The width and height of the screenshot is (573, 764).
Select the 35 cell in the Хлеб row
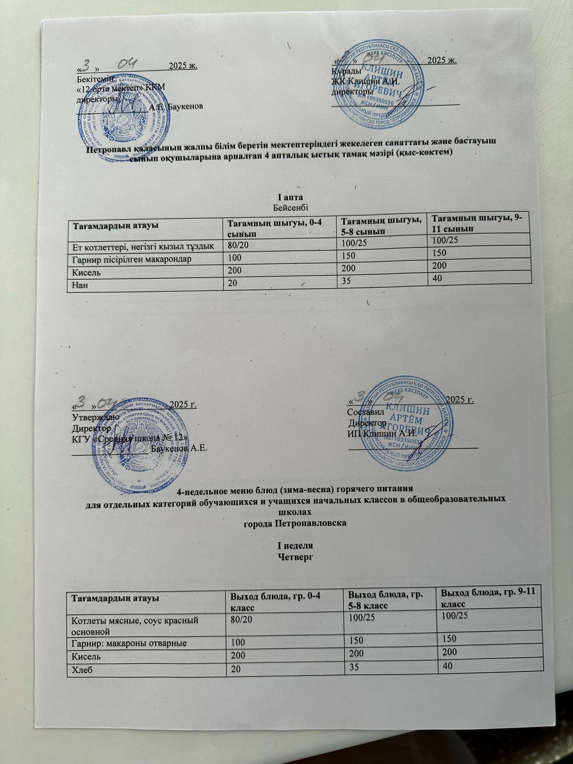pyautogui.click(x=354, y=667)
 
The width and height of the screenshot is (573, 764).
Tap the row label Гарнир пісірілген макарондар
pyautogui.click(x=128, y=260)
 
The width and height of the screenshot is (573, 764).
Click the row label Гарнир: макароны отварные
pyautogui.click(x=129, y=643)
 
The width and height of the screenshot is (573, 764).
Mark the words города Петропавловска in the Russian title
pyautogui.click(x=295, y=523)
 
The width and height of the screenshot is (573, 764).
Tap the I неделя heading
pyautogui.click(x=295, y=545)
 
